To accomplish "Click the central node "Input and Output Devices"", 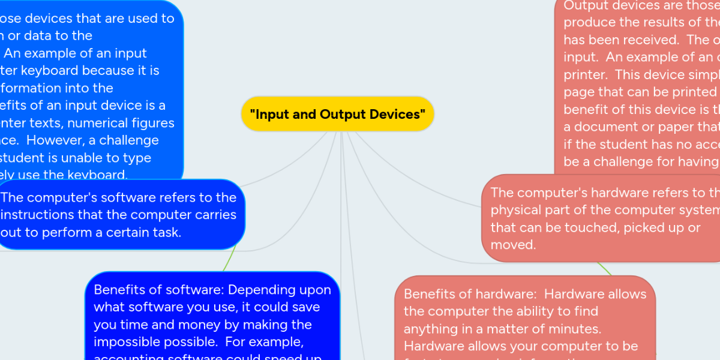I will tap(337, 114).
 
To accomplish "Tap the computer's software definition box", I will tap(120, 215).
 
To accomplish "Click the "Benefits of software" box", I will tap(212, 318).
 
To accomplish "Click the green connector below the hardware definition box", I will tap(605, 269).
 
